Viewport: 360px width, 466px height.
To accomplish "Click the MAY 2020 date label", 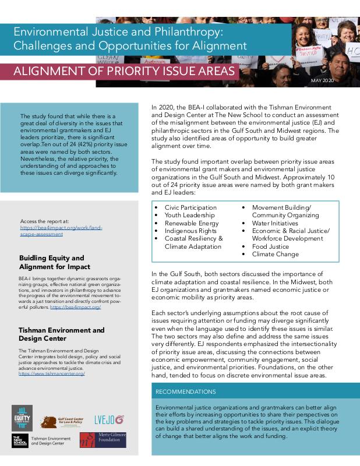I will [x=322, y=80].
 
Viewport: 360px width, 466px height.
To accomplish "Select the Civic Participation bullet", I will [x=191, y=207].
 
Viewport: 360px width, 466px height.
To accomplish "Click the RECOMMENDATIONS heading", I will [x=186, y=391].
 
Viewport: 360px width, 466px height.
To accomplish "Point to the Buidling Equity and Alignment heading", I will [x=51, y=262].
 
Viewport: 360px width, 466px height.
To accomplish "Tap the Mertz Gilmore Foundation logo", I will [x=103, y=439].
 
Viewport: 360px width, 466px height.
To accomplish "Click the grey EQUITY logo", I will [x=22, y=418].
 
